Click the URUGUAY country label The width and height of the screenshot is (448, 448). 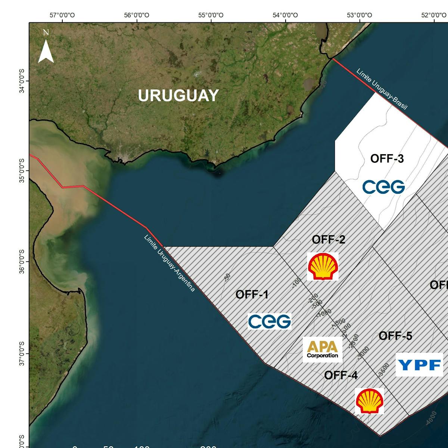(x=178, y=96)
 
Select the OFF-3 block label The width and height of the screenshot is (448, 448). (x=387, y=159)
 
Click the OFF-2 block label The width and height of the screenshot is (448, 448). (x=329, y=239)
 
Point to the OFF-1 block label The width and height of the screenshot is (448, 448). (x=252, y=295)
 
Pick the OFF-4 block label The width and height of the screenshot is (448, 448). (x=340, y=375)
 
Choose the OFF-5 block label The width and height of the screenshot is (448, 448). (x=395, y=336)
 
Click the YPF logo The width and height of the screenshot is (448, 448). (x=419, y=364)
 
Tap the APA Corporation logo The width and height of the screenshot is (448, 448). (x=323, y=349)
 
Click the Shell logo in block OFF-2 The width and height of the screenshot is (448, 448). (x=323, y=266)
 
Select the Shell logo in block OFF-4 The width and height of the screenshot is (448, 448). (x=369, y=401)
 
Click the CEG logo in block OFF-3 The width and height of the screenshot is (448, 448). (x=383, y=187)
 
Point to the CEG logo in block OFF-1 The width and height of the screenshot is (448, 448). (x=270, y=321)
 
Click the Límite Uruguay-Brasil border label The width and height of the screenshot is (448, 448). (x=381, y=89)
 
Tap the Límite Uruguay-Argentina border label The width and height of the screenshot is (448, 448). (x=169, y=263)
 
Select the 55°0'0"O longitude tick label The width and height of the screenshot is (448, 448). (x=211, y=15)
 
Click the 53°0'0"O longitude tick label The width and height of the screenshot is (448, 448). (x=360, y=15)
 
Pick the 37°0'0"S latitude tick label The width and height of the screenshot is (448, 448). (x=22, y=353)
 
